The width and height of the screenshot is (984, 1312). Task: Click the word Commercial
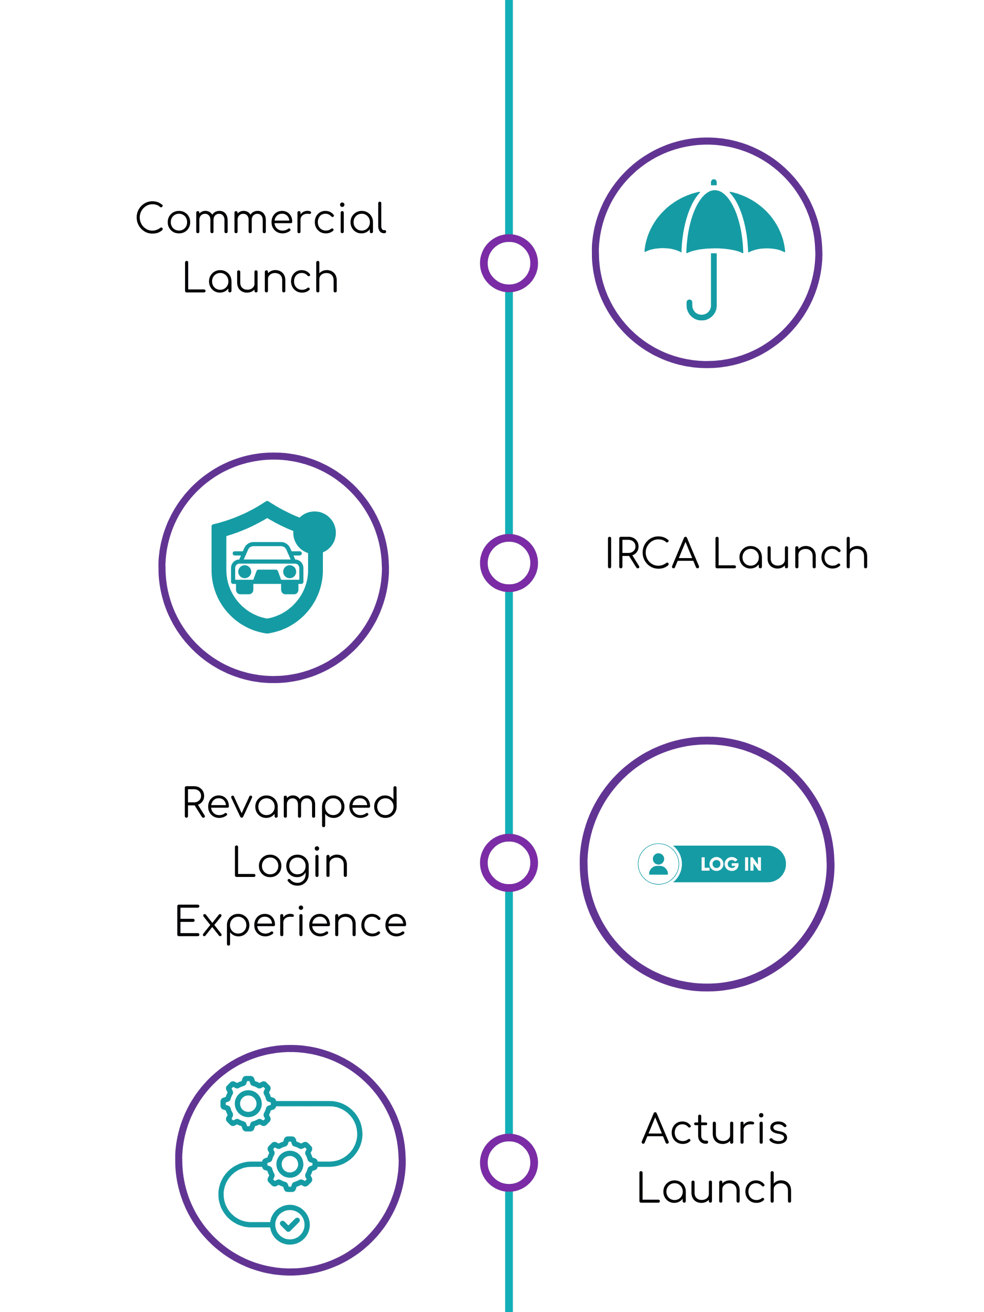261,218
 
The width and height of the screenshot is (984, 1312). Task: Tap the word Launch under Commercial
261,278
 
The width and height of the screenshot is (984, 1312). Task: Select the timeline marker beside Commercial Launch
509,263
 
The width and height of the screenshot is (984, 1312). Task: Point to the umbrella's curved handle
702,309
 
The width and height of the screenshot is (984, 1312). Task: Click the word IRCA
652,553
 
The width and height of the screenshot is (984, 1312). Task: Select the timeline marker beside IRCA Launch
509,563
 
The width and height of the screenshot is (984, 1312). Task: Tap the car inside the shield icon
268,568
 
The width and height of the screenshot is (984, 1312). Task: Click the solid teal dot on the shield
315,532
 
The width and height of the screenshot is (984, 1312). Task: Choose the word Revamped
290,804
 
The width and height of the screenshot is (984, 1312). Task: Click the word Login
290,863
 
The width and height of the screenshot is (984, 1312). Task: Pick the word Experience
291,922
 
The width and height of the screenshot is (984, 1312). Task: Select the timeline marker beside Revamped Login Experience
509,863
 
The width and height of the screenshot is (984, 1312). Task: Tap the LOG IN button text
731,864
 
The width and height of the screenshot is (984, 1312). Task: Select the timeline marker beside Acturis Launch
509,1162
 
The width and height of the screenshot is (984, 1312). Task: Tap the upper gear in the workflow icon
248,1103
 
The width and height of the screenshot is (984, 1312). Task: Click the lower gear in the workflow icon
290,1164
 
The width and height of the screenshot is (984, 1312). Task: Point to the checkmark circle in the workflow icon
290,1224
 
